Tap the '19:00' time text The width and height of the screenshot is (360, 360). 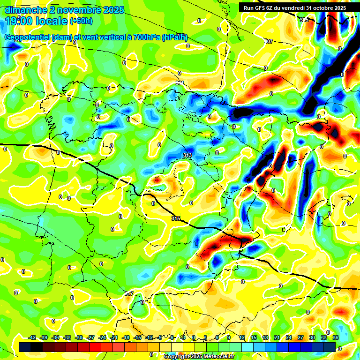[x=19, y=21]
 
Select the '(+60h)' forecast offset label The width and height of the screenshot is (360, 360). [x=81, y=21]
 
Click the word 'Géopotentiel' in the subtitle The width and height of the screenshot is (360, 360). [x=28, y=37]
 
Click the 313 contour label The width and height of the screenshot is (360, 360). [x=187, y=155]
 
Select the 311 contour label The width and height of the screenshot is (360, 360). [x=180, y=82]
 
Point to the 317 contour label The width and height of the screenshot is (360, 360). [x=129, y=293]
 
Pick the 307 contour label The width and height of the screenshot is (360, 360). [x=269, y=42]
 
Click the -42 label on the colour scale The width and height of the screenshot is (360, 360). [x=32, y=337]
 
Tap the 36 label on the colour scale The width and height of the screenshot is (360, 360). [x=336, y=337]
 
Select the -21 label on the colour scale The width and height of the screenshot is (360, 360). [x=114, y=337]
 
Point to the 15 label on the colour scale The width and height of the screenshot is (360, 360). [x=253, y=337]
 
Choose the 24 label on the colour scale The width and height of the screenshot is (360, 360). [x=289, y=337]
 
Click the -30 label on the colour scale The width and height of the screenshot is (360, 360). [x=79, y=337]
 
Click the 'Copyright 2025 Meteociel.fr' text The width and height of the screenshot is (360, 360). [x=199, y=356]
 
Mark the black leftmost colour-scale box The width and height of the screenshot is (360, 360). [x=25, y=346]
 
